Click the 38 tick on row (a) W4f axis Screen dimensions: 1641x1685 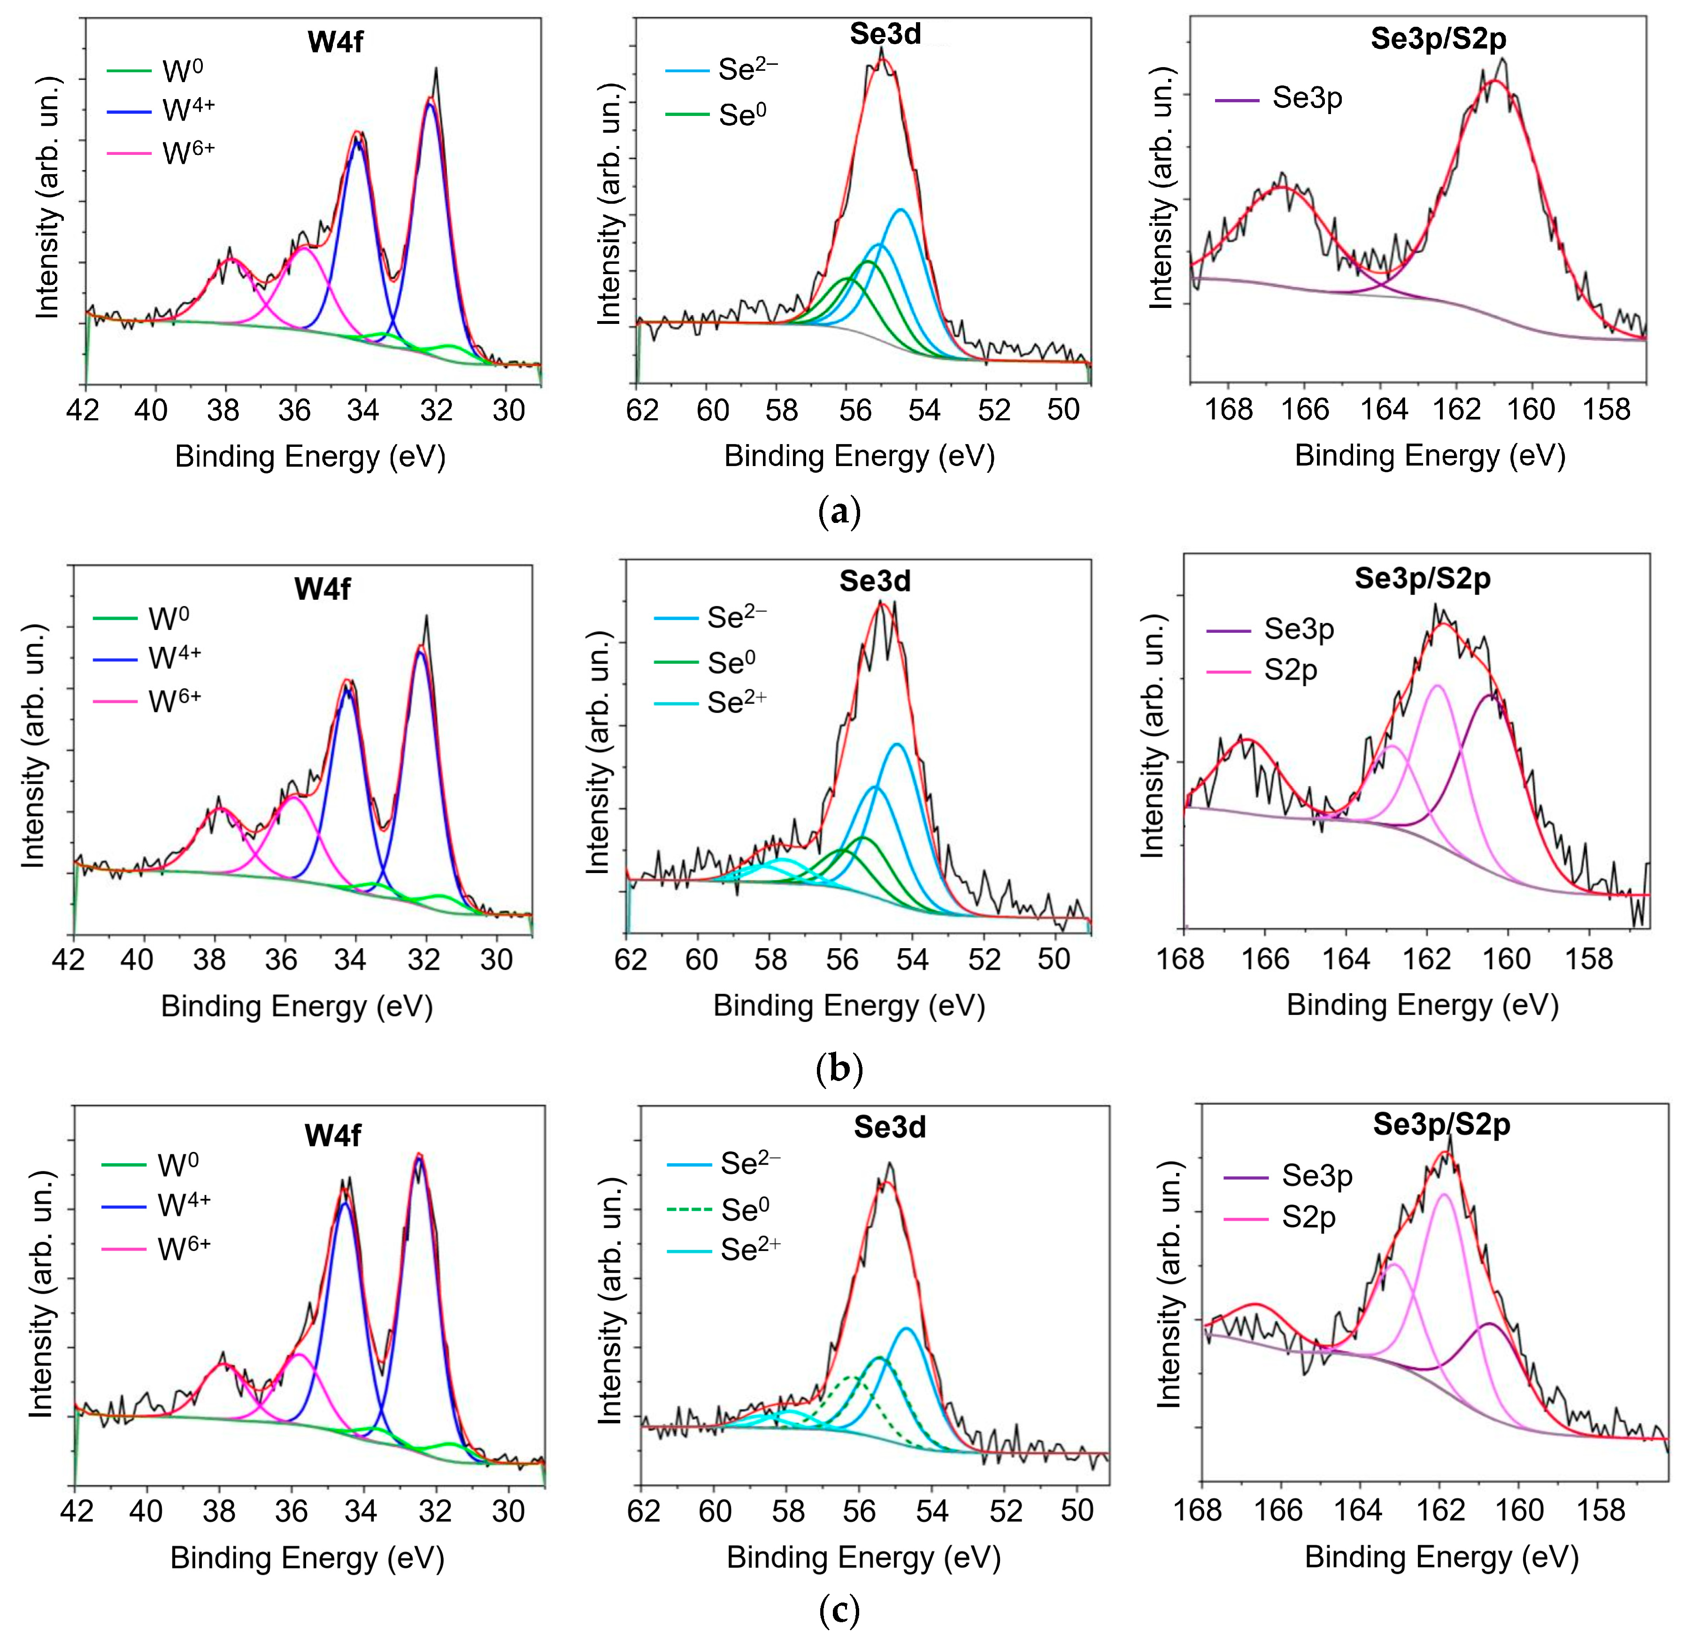223,410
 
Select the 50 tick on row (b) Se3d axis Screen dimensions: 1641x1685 1054,959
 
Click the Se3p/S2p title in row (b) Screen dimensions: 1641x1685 1422,578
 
